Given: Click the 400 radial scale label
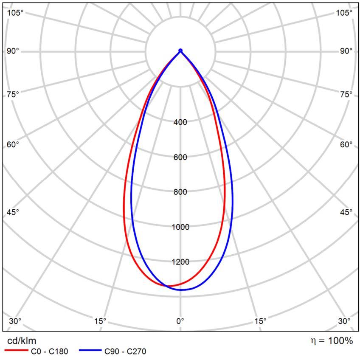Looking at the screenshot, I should pos(180,123).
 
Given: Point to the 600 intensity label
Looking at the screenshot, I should pos(180,157).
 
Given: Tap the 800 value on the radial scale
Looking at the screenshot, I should pos(180,192).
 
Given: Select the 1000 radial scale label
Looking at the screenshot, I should pos(180,227).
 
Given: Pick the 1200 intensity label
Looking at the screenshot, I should pos(180,262).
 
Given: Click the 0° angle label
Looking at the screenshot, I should pos(180,321).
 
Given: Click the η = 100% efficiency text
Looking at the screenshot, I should pos(332,340).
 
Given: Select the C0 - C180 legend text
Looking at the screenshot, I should pos(49,352).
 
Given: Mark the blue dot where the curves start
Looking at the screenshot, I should pos(180,51).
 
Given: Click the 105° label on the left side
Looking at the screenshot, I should pos(15,13).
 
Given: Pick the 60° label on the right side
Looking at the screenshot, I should pos(346,145).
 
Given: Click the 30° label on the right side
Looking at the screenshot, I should pos(344,321).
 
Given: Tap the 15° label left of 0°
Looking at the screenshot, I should pos(100,321).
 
